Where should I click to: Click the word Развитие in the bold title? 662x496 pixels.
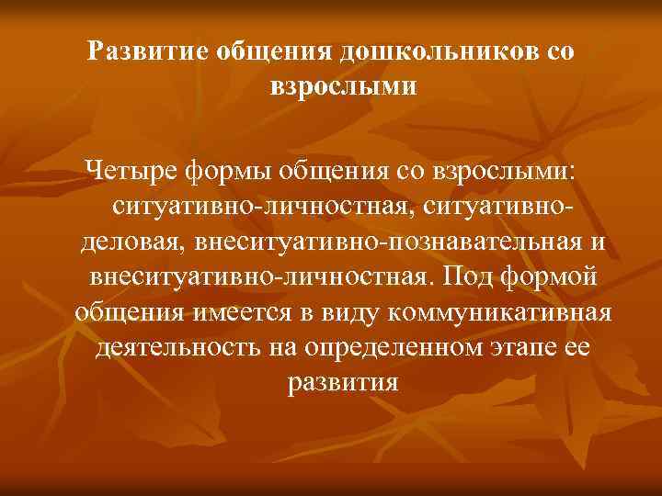[x=147, y=52]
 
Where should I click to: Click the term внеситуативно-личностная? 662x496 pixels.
[x=259, y=277]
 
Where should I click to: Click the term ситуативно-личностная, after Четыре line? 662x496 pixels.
[x=264, y=207]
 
